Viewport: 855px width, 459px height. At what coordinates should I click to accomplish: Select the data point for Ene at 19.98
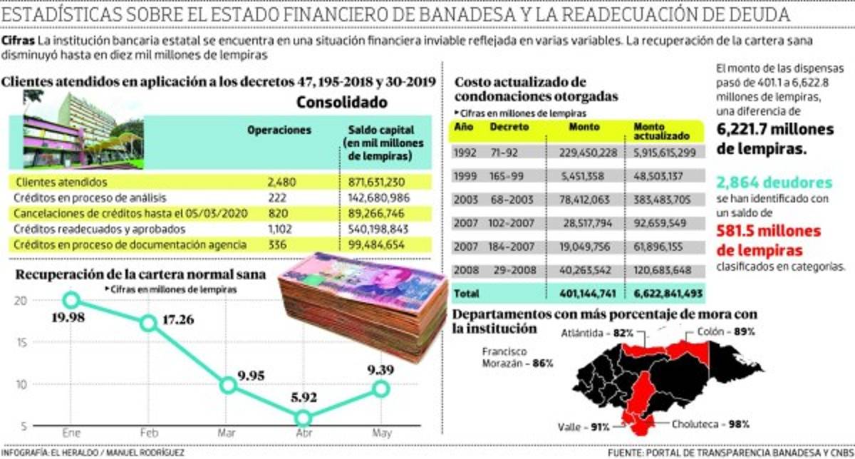click(x=71, y=300)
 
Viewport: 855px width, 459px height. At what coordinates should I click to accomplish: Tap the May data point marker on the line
click(x=380, y=388)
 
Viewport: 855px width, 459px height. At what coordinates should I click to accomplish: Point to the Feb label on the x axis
click(x=148, y=433)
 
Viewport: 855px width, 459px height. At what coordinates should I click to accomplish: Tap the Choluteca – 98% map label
click(x=710, y=424)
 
